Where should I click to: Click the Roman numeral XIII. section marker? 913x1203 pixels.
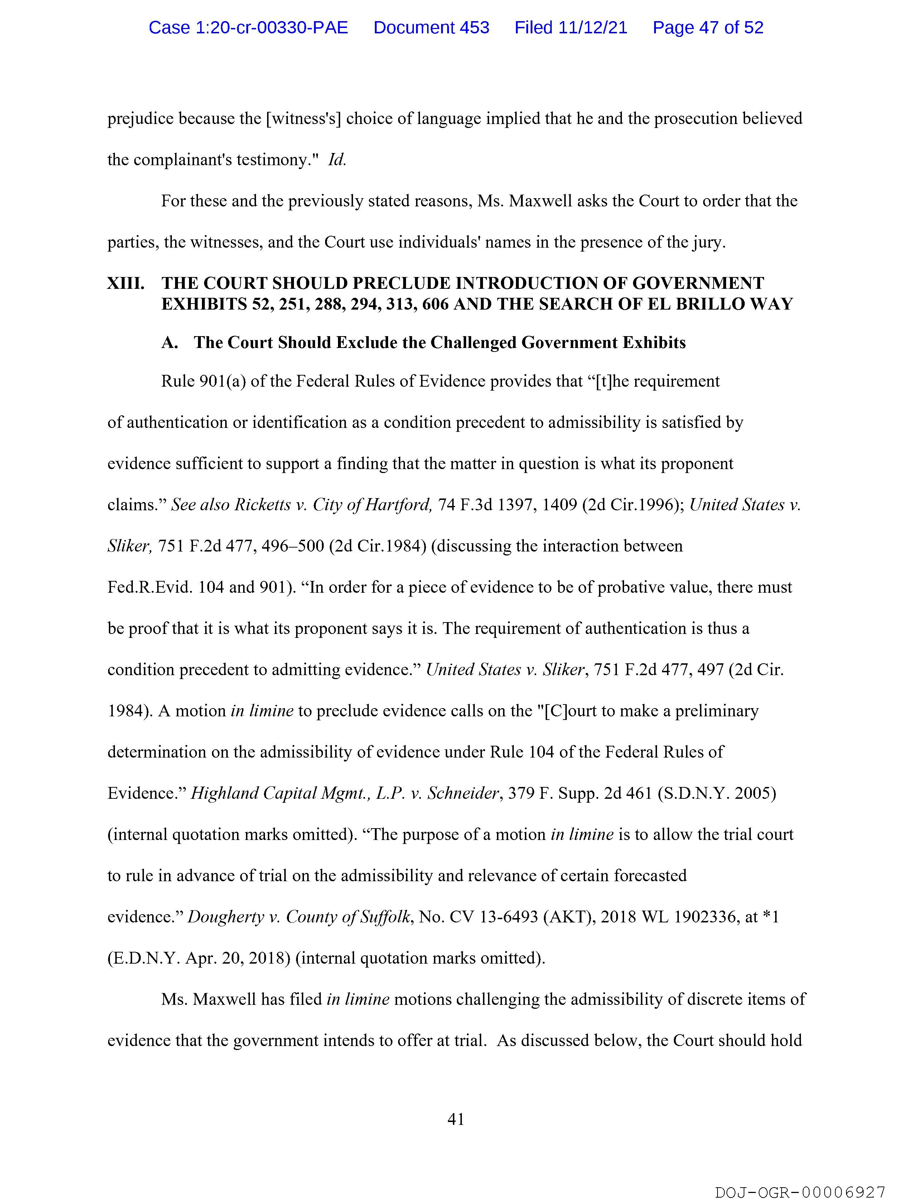coord(126,283)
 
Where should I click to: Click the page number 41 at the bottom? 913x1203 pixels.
coord(455,1119)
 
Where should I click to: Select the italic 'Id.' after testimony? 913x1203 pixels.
coord(337,160)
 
